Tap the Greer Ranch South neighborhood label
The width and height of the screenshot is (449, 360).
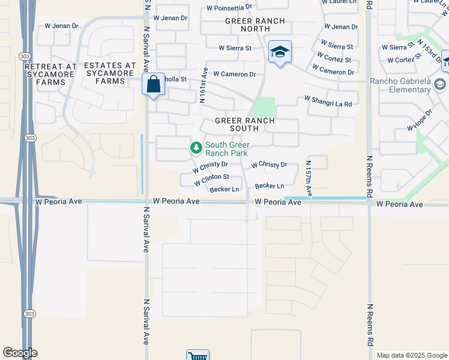click(x=245, y=124)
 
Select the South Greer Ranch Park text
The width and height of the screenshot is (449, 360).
click(x=227, y=149)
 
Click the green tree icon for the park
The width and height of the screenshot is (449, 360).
click(x=196, y=147)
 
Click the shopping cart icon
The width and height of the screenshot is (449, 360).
click(x=197, y=356)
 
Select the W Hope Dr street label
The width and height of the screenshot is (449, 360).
click(x=419, y=120)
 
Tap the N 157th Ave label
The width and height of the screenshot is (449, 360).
click(x=309, y=178)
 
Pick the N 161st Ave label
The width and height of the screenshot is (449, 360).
click(x=203, y=85)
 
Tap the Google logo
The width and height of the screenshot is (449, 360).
click(x=20, y=353)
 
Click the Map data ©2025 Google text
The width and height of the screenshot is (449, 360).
click(x=411, y=355)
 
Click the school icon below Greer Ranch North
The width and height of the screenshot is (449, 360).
click(x=280, y=52)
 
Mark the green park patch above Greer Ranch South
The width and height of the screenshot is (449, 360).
click(x=262, y=107)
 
